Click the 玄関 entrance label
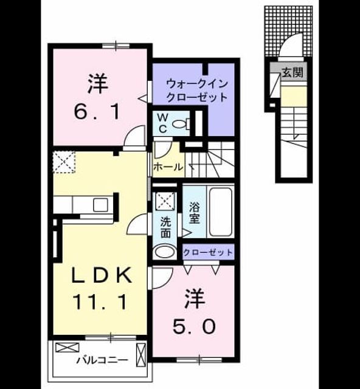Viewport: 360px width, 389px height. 292,72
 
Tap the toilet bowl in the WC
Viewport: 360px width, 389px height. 181,123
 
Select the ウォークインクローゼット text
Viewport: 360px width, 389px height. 197,90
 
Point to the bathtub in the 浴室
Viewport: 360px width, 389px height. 221,212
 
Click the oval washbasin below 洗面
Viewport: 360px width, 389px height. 164,252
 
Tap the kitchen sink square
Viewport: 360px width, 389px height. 100,204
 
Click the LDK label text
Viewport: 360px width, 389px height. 102,275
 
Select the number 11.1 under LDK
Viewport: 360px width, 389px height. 100,302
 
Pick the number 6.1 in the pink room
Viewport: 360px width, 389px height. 97,112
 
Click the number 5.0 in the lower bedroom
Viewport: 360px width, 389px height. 194,327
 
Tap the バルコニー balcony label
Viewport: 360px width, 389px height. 102,360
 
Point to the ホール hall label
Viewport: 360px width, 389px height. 168,167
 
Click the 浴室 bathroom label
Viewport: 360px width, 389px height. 195,213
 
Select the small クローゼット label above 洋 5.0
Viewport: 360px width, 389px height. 208,253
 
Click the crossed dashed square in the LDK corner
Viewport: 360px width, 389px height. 64,162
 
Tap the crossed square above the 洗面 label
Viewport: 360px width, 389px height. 165,200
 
